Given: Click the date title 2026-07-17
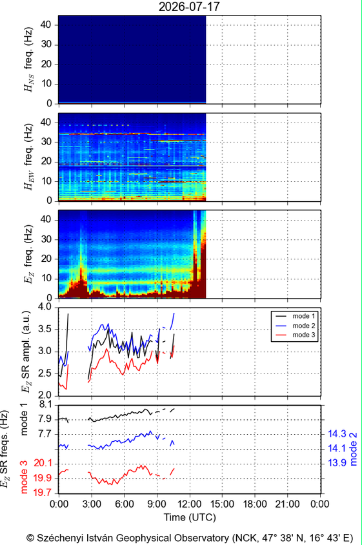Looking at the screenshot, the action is (x=189, y=6).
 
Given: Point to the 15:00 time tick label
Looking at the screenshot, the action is (x=222, y=504).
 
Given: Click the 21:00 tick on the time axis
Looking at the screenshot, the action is (x=287, y=504).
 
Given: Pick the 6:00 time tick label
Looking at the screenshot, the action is (x=124, y=504).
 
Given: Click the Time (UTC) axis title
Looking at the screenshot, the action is (x=190, y=517).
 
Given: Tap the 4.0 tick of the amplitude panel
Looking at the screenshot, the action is (x=44, y=307).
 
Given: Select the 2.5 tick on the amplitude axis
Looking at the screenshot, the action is (x=44, y=373).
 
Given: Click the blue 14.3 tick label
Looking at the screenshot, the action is (x=337, y=434).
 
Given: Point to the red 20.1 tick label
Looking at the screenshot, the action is (x=43, y=463).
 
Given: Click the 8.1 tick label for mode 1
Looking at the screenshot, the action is (x=45, y=404).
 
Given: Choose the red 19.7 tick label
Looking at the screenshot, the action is (x=43, y=493).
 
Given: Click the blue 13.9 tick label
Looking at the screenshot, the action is (x=337, y=463).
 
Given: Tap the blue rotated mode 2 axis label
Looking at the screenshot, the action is (x=354, y=449).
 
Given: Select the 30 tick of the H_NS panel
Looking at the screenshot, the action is (x=46, y=44).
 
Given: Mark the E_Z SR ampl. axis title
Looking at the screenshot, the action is (x=26, y=352).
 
